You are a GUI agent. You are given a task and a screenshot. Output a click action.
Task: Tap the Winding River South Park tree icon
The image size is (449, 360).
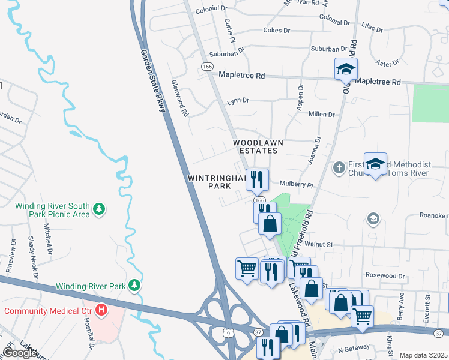pos(100,209)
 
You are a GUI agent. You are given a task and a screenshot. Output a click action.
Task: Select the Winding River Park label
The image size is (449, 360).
pos(91,286)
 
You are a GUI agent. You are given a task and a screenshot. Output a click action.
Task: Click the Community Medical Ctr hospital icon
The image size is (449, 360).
pos(101,310)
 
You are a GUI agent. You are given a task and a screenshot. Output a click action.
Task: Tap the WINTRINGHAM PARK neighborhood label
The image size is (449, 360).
pos(217,182)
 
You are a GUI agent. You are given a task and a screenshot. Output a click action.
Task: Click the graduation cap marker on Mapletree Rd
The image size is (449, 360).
pos(346,69)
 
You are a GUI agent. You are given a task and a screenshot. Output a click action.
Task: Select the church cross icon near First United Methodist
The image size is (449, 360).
pos(339,167)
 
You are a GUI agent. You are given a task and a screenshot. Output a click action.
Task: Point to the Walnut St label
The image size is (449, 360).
pos(318,244)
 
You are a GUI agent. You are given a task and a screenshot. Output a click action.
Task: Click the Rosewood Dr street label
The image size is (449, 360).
pos(388,275)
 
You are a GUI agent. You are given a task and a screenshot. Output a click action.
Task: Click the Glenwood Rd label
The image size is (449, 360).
pos(179,98)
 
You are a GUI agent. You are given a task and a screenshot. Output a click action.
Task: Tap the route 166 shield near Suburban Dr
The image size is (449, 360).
pos(207,66)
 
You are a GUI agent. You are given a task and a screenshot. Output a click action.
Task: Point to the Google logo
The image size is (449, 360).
pos(20,353)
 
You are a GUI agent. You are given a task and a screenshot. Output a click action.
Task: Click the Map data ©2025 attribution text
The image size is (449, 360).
pos(423,355)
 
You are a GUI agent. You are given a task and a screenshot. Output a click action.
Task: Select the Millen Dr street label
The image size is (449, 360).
pos(322,114)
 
